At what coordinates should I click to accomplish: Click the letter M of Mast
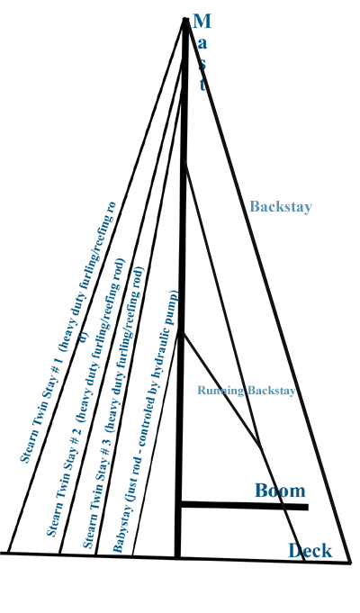click(202, 21)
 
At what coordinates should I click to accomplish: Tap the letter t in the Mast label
click(202, 85)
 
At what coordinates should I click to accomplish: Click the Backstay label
click(281, 206)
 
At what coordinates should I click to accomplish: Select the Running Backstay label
click(247, 390)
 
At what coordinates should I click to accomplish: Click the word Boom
click(280, 491)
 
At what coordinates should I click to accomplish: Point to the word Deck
click(310, 551)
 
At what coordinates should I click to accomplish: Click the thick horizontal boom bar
click(244, 506)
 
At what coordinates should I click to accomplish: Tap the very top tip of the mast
click(185, 18)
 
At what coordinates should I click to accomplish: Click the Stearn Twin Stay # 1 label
click(68, 332)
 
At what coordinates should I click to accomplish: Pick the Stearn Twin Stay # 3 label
click(113, 408)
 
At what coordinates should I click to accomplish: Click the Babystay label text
click(146, 421)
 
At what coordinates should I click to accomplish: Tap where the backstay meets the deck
click(349, 563)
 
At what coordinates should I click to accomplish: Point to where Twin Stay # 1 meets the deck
click(9, 554)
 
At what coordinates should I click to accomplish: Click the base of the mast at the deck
click(177, 556)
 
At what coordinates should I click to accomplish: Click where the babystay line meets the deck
click(133, 555)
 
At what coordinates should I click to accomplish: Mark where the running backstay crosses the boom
click(286, 507)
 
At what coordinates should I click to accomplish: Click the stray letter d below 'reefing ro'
click(84, 337)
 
